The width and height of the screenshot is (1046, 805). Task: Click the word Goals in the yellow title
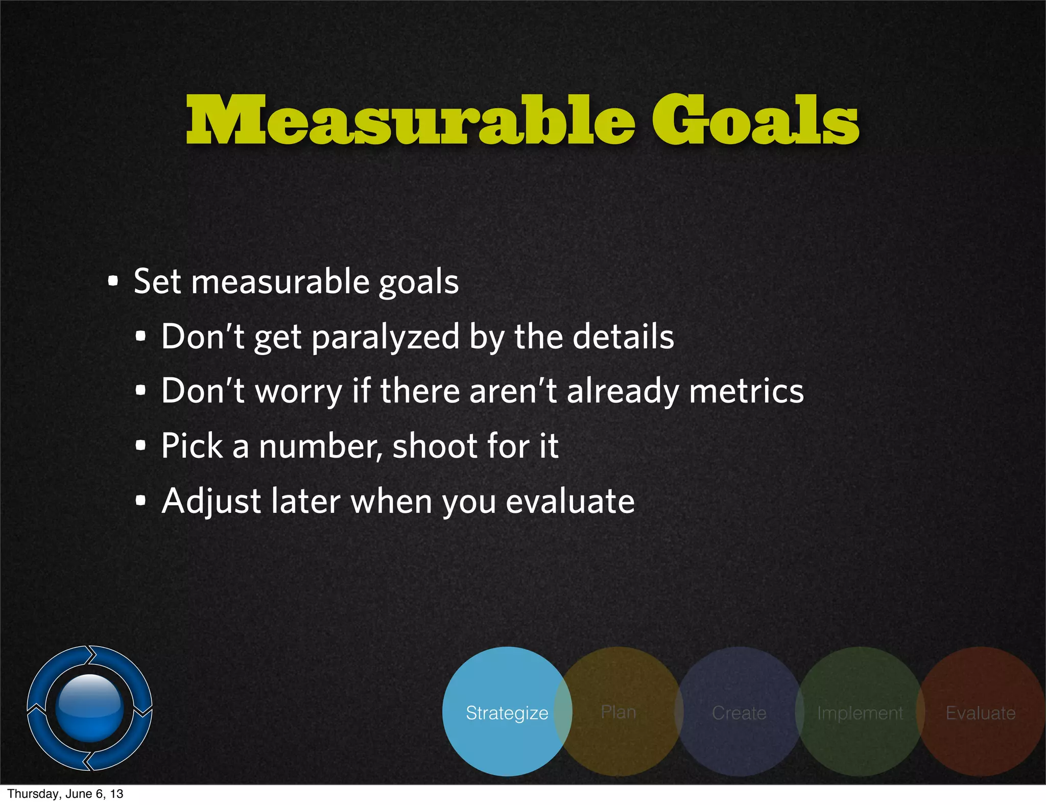coord(755,121)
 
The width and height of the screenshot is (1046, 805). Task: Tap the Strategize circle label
coord(507,713)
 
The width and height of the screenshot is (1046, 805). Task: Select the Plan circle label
coord(619,712)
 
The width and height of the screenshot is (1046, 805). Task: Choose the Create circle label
coord(739,713)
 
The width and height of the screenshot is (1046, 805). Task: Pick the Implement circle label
coord(860,713)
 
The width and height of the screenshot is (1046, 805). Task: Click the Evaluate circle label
coord(981,713)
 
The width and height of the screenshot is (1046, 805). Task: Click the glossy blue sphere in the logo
coord(90,707)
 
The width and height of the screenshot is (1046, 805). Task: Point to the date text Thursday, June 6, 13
coord(65,794)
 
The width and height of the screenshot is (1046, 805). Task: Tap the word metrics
coord(746,391)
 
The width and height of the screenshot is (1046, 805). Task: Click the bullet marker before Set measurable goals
coord(113,281)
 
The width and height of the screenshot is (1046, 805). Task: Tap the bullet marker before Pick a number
coord(141,446)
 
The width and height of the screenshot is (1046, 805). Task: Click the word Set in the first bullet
coord(157,281)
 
